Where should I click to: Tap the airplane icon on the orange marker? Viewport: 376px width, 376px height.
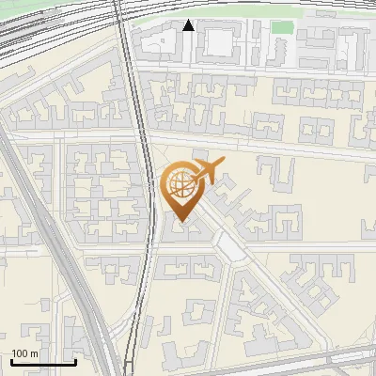(x=207, y=171)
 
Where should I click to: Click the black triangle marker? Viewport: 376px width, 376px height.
(x=189, y=25)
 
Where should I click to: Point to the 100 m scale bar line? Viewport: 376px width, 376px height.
(x=43, y=362)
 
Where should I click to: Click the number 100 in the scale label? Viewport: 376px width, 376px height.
(x=21, y=353)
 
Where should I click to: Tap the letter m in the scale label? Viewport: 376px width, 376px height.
(x=35, y=353)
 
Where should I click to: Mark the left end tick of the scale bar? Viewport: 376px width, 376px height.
(x=11, y=361)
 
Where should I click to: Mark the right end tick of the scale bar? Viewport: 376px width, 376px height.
(x=75, y=361)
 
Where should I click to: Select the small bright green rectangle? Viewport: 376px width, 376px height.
(x=282, y=26)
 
